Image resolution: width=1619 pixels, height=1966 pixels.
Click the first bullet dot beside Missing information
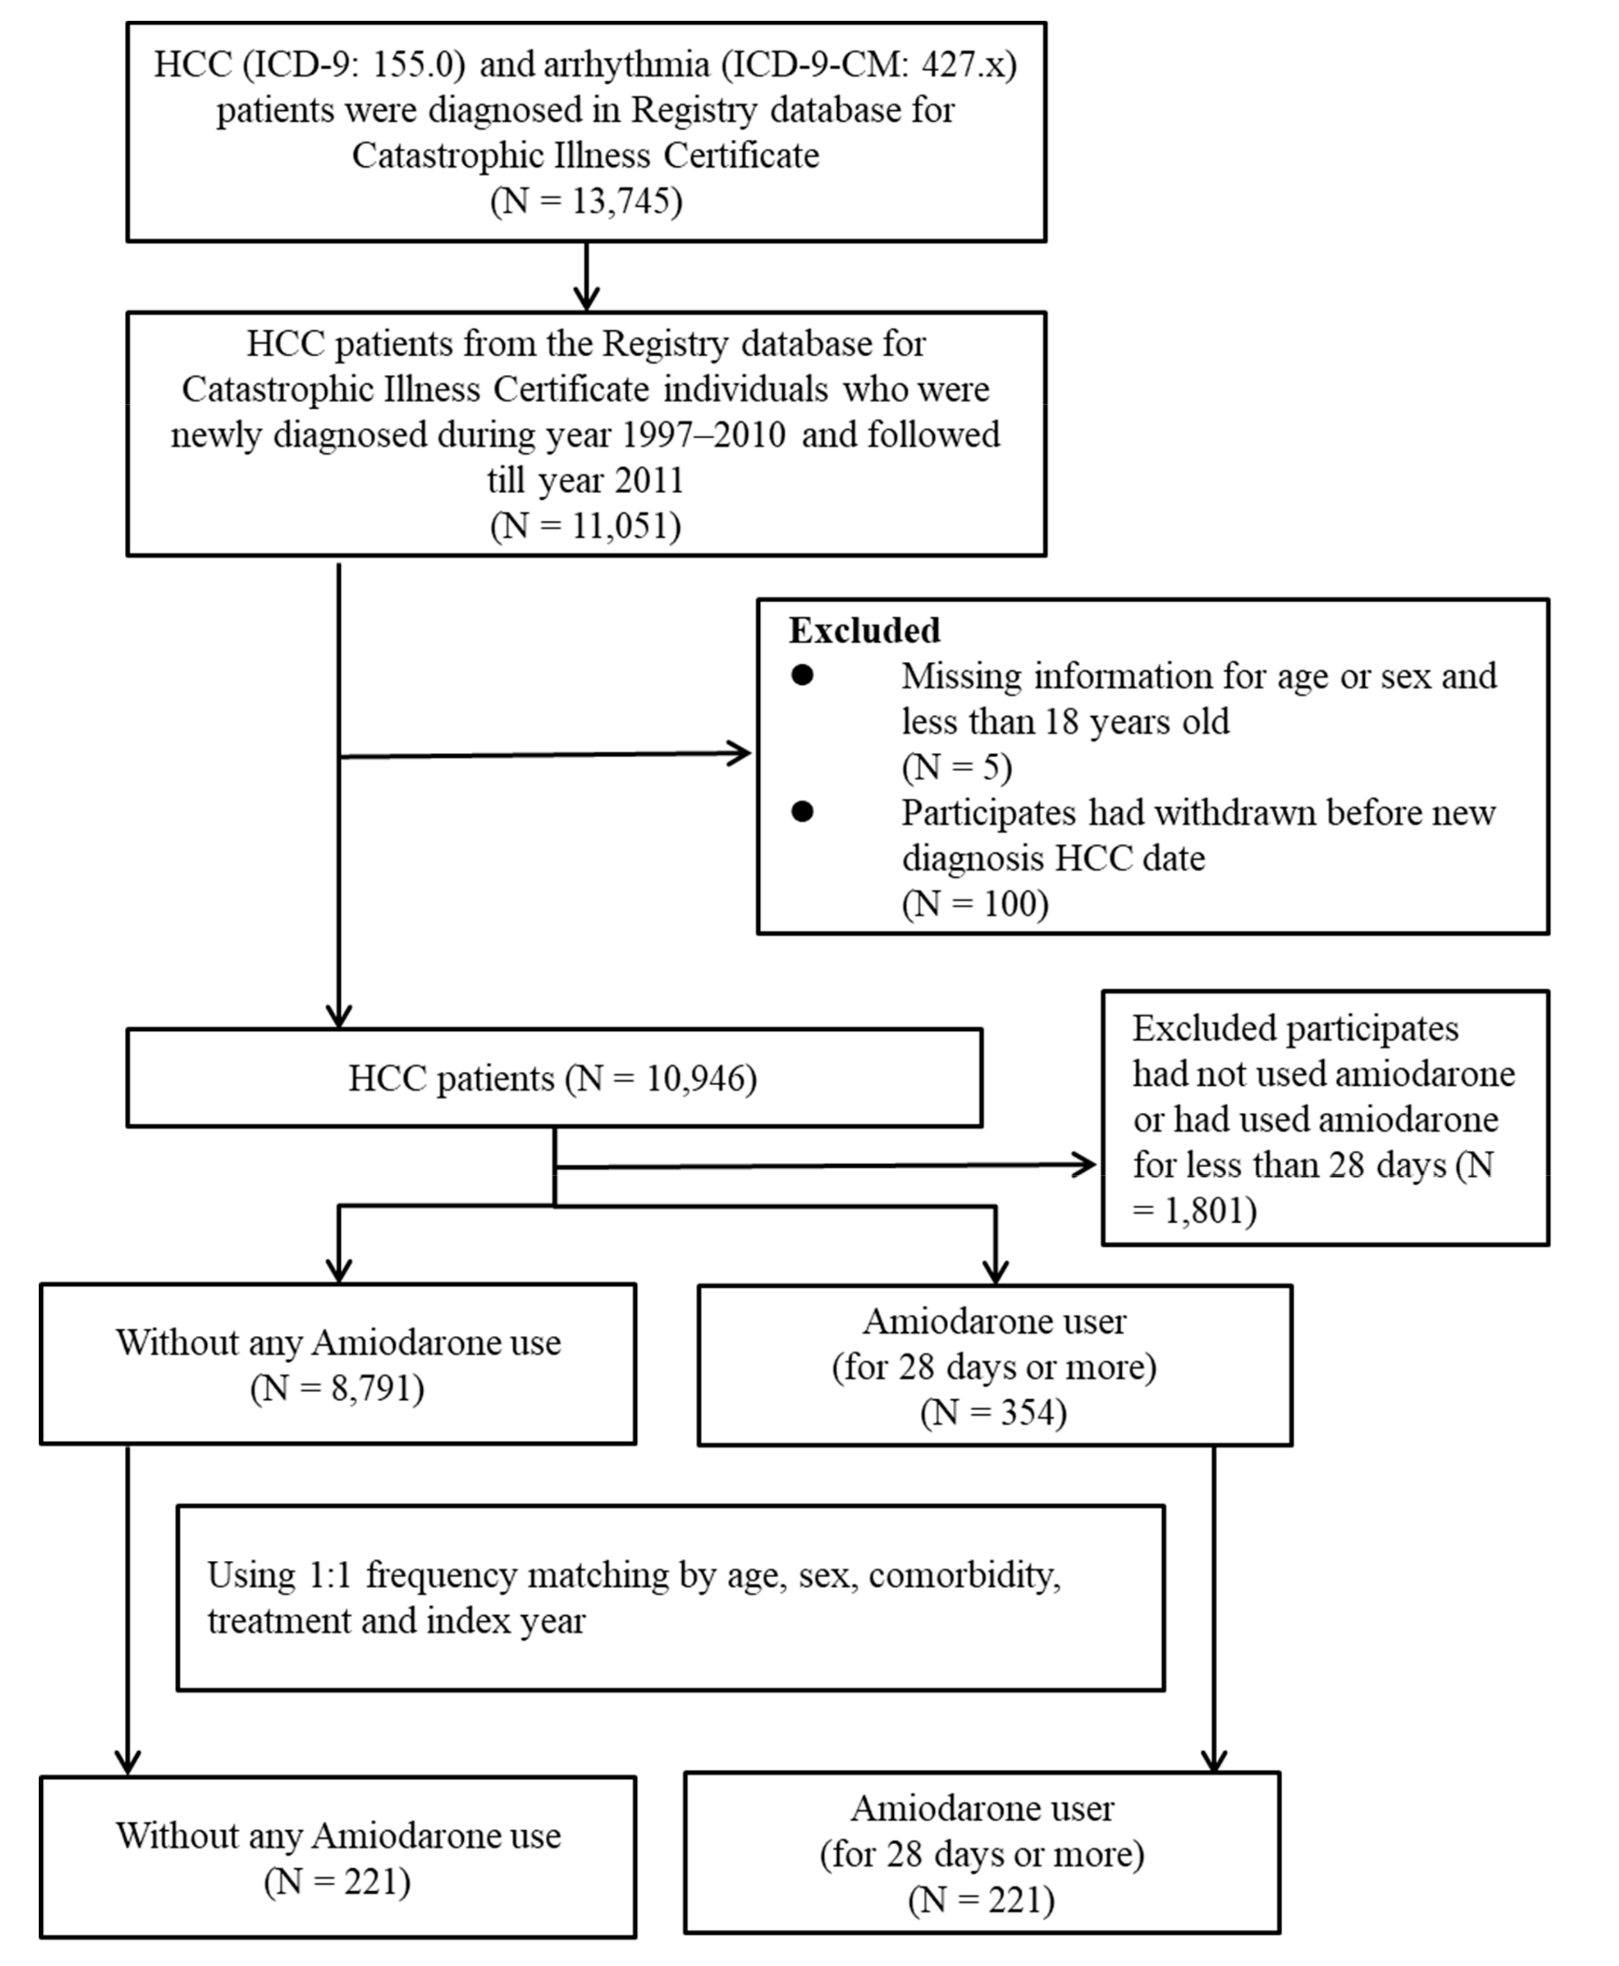pos(802,675)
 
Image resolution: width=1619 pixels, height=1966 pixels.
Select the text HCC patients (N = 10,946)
pos(553,1078)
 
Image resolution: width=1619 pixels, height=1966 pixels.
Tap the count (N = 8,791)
pos(338,1389)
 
